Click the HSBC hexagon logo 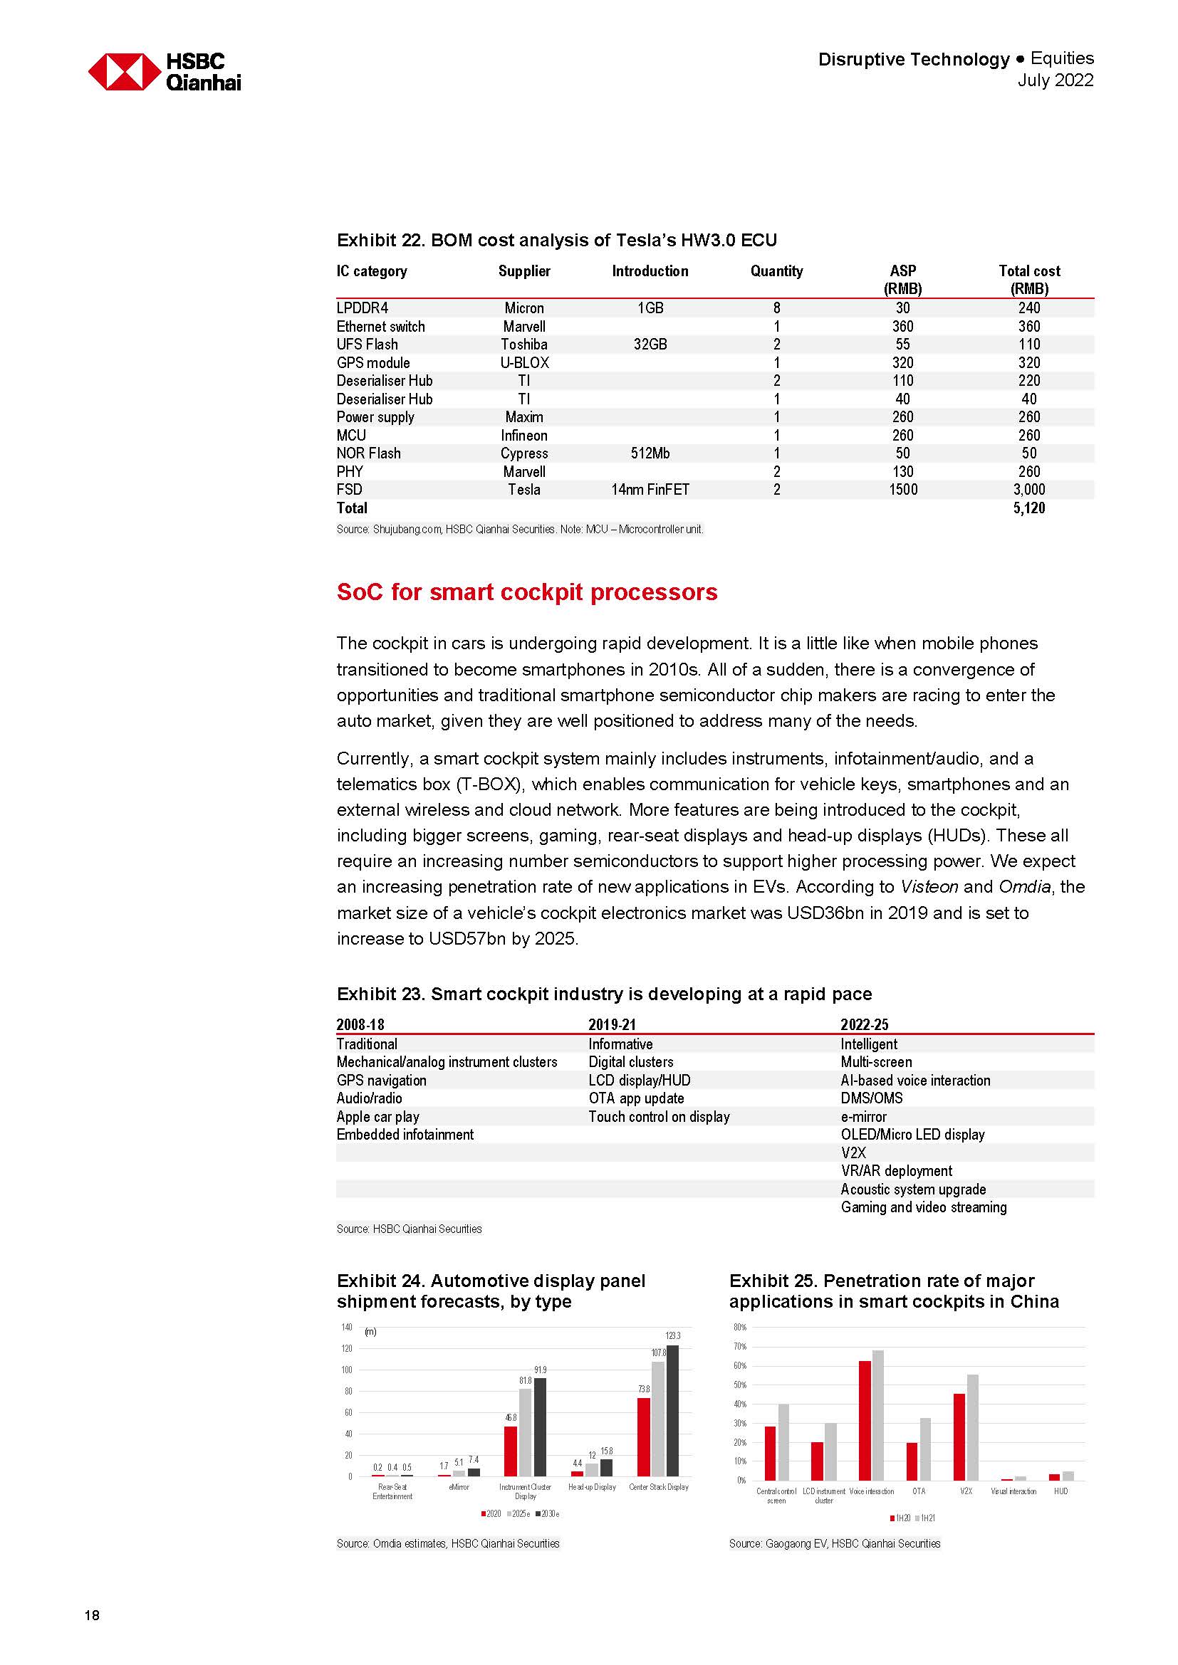coord(124,71)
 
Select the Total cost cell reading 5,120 coord(1028,508)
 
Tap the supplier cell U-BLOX coord(523,362)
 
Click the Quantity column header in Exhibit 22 coord(776,271)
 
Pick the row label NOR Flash coord(368,453)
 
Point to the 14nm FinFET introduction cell coord(650,490)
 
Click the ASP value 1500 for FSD coord(902,490)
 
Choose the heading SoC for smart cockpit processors coord(526,592)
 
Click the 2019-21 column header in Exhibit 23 coord(612,1024)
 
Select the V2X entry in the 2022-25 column coord(853,1152)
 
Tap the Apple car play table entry coord(378,1116)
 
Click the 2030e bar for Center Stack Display coord(672,1410)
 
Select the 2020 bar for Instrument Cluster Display coord(511,1451)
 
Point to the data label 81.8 coord(525,1381)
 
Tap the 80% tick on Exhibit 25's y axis coord(739,1327)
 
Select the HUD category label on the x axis coord(1060,1491)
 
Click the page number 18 coord(92,1615)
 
